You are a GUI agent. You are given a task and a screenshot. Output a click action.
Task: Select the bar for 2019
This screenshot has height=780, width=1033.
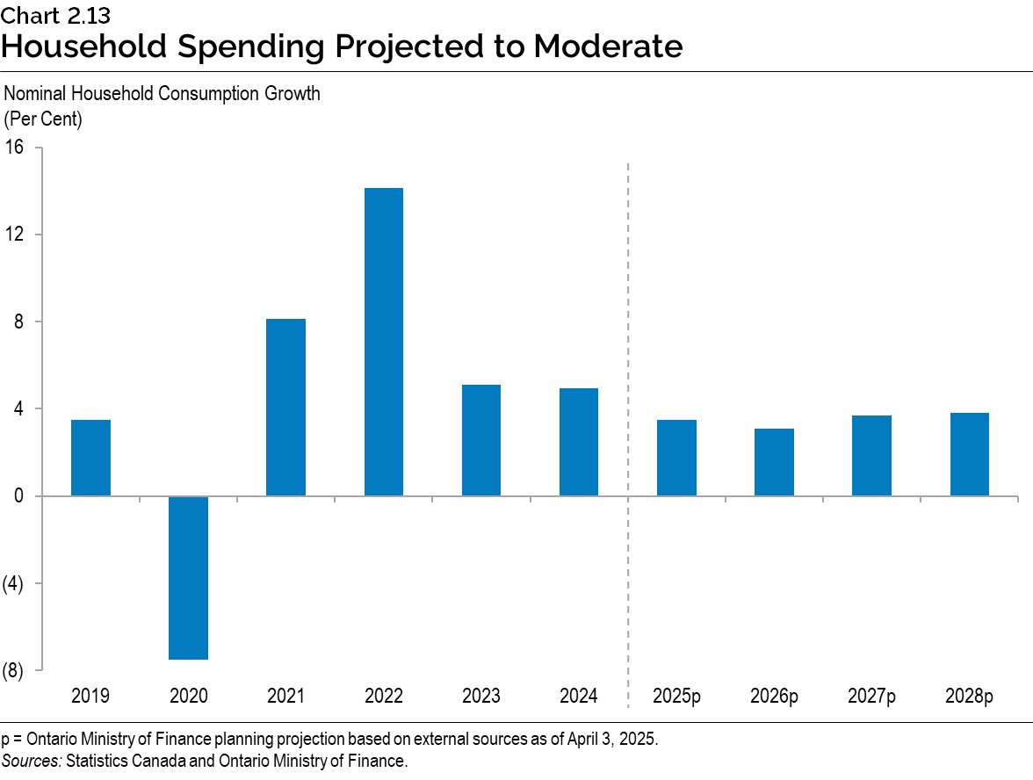(x=90, y=458)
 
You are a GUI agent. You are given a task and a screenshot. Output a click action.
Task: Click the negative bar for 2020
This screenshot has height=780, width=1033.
(x=188, y=577)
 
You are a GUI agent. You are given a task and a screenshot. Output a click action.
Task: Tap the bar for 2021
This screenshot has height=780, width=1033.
(x=285, y=408)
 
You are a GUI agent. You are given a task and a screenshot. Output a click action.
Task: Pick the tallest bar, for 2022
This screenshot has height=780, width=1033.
(x=383, y=342)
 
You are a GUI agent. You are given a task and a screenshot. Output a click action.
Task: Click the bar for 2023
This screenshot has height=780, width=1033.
(x=480, y=440)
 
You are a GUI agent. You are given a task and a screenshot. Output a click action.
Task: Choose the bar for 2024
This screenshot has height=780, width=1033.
(x=578, y=442)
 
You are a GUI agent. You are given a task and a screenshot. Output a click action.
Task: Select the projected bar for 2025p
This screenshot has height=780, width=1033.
(x=676, y=458)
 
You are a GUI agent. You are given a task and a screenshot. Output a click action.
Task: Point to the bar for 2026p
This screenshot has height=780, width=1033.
(x=774, y=462)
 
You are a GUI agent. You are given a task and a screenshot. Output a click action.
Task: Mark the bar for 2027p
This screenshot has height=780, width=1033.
(x=871, y=456)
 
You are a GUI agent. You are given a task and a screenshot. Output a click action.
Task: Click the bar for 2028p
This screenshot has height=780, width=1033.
(x=969, y=454)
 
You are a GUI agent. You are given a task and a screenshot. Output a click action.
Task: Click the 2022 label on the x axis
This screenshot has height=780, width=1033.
(x=383, y=697)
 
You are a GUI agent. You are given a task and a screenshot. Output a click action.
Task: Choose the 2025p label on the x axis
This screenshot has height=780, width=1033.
(x=676, y=697)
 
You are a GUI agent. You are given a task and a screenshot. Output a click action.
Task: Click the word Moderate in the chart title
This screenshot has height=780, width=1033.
(x=607, y=46)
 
